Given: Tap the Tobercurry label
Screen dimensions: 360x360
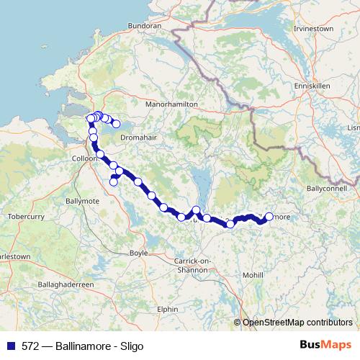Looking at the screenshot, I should click(x=26, y=216).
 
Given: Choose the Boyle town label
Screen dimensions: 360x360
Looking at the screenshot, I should click(x=138, y=253).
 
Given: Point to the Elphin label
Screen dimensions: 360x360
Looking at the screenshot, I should click(x=168, y=309).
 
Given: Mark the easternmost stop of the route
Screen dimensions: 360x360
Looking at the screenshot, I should click(x=269, y=216).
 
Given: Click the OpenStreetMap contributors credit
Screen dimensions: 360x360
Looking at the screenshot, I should click(x=297, y=323).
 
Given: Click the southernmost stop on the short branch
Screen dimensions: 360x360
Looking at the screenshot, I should click(x=113, y=181).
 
